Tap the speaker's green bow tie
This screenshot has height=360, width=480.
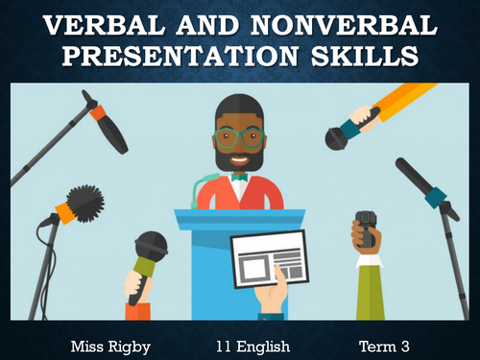pos(239,178)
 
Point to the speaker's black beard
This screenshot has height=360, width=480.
pos(240,158)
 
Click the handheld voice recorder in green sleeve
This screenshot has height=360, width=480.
pos(366,231)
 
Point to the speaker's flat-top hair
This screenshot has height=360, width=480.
pos(240,108)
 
